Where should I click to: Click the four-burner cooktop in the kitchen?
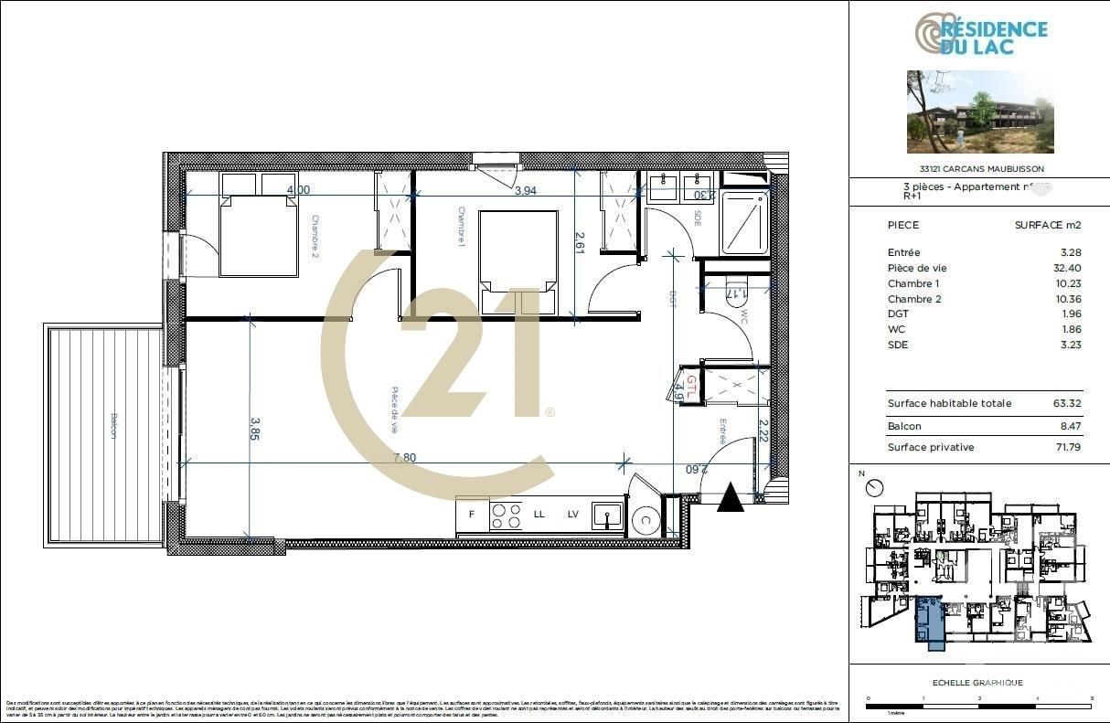(507, 516)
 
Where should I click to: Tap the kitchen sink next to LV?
(606, 516)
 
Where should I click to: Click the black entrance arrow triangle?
(730, 498)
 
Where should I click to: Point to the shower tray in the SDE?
(746, 222)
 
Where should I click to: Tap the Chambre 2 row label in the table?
(913, 299)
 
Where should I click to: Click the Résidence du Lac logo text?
(993, 37)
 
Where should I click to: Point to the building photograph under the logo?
(980, 112)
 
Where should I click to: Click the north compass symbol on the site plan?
(876, 488)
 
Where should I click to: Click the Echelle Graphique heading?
(977, 683)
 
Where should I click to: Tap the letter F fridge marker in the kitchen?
(472, 514)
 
